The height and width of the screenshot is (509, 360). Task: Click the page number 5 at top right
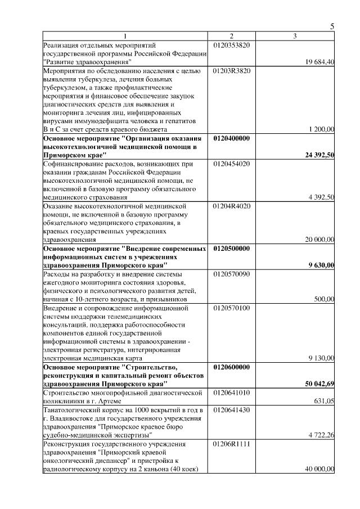pyautogui.click(x=332, y=26)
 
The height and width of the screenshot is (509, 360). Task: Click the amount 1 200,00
pyautogui.click(x=322, y=129)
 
